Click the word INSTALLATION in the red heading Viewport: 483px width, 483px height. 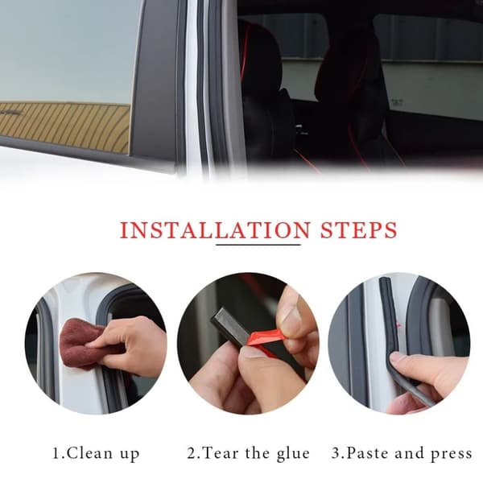point(215,229)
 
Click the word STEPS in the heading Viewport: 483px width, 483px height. point(359,229)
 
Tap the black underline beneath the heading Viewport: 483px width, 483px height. point(258,245)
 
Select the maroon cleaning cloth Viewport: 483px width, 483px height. point(81,343)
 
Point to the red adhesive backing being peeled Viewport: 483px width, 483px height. point(263,341)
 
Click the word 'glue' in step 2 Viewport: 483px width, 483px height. point(293,455)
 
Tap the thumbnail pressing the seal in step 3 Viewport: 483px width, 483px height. point(398,357)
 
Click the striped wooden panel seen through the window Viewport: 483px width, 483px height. point(64,127)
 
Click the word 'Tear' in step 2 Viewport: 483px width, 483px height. point(221,453)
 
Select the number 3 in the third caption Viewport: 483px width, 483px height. point(336,453)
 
